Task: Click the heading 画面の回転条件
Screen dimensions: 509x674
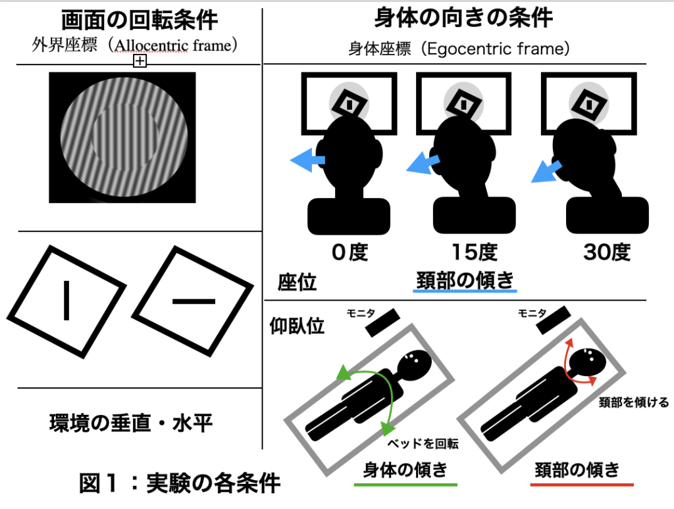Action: (140, 21)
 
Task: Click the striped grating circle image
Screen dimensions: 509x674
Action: (122, 137)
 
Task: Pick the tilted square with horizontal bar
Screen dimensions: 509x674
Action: (194, 301)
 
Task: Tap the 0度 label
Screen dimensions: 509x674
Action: (349, 253)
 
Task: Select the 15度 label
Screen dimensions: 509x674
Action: (474, 253)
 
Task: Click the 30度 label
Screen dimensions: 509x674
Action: (606, 253)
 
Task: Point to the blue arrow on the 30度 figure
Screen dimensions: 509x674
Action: (546, 170)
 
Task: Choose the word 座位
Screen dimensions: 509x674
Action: (298, 282)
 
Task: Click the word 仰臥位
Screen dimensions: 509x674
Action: (298, 326)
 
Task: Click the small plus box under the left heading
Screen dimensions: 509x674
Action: (140, 61)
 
